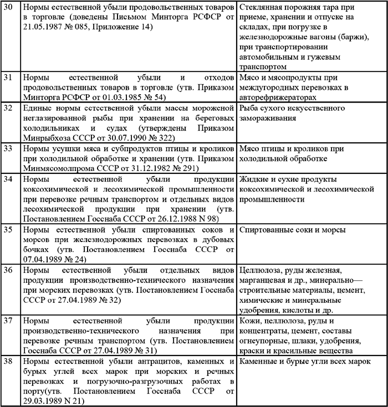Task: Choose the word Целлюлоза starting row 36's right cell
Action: tap(262, 270)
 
